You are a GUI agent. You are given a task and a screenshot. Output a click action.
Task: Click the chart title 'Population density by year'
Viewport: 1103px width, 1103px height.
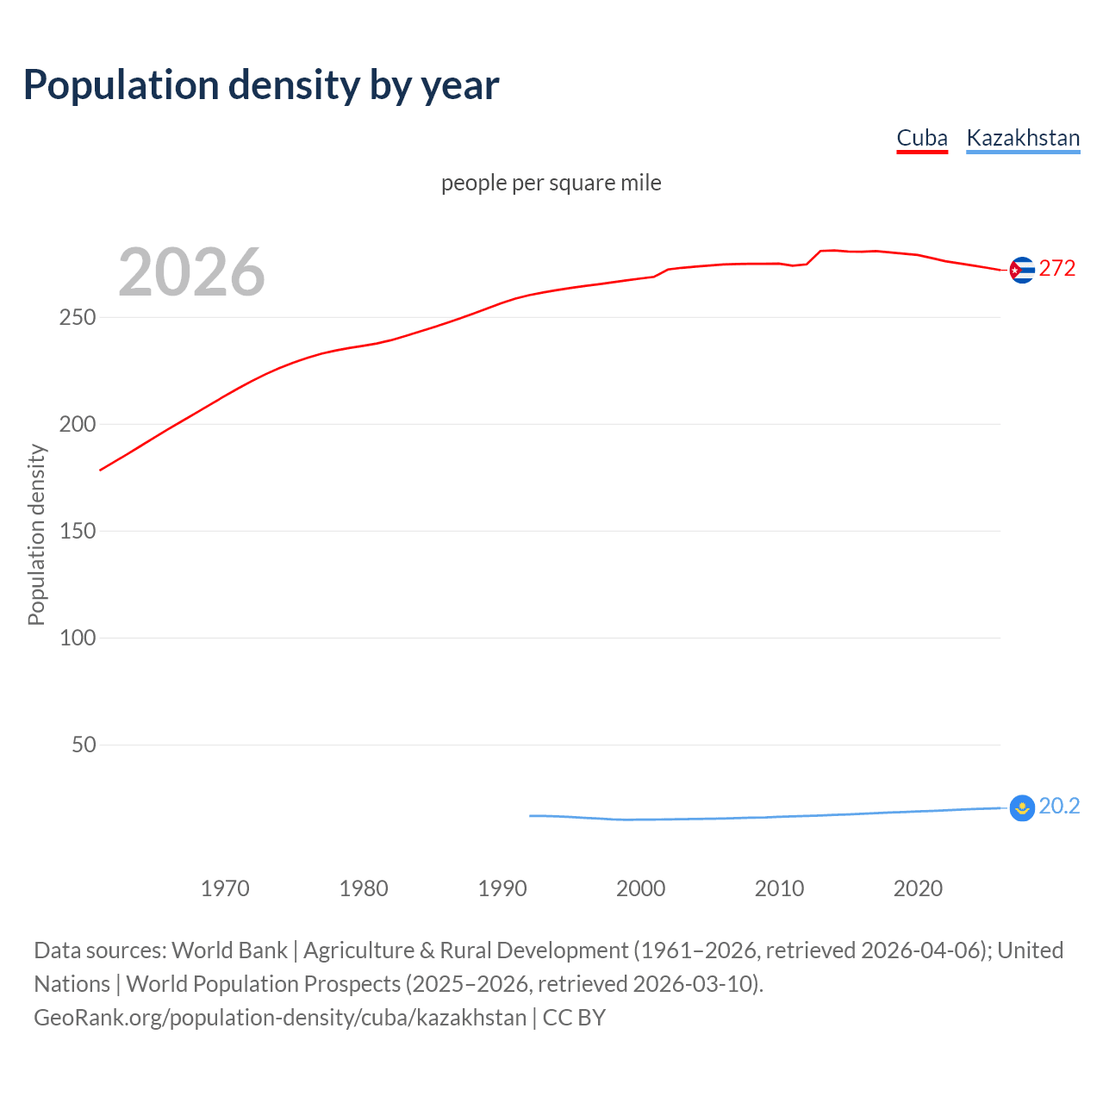point(261,85)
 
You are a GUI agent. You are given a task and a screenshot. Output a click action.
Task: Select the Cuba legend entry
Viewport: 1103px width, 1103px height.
point(921,138)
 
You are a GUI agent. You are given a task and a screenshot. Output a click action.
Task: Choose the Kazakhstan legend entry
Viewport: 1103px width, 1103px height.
point(1023,138)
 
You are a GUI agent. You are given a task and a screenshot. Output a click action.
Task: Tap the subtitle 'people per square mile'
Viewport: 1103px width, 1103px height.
point(551,183)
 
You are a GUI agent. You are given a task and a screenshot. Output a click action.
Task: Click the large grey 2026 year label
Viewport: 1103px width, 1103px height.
point(191,272)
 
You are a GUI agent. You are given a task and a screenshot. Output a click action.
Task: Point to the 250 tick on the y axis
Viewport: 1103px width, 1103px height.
point(78,317)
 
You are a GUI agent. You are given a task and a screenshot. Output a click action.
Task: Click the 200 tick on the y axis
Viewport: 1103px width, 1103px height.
point(78,424)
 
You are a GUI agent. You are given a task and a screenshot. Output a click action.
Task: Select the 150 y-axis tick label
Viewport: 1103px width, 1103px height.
point(78,531)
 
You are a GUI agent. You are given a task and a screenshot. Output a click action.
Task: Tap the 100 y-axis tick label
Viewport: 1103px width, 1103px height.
point(78,638)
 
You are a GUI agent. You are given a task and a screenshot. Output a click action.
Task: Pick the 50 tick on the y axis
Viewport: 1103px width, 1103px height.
point(84,745)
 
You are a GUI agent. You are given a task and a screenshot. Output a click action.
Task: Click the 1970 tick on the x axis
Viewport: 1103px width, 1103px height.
point(225,888)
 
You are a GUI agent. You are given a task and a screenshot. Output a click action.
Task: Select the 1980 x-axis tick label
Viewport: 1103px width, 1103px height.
point(364,888)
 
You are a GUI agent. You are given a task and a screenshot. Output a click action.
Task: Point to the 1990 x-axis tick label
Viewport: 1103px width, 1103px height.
point(502,888)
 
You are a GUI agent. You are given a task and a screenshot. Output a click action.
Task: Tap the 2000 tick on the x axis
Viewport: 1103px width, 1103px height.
point(640,888)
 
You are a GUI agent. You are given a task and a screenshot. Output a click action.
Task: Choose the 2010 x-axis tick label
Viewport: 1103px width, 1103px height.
point(779,888)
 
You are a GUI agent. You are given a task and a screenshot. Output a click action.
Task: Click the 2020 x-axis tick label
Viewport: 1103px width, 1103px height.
point(918,888)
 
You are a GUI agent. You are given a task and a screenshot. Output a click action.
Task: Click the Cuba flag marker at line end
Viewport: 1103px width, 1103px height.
point(1021,271)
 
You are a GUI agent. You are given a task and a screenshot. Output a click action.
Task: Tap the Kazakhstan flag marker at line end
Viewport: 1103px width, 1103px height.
point(1021,808)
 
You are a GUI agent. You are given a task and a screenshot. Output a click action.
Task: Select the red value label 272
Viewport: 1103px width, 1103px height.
point(1057,269)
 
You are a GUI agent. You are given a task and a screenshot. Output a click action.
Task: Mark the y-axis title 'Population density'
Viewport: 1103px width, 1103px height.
point(36,534)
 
